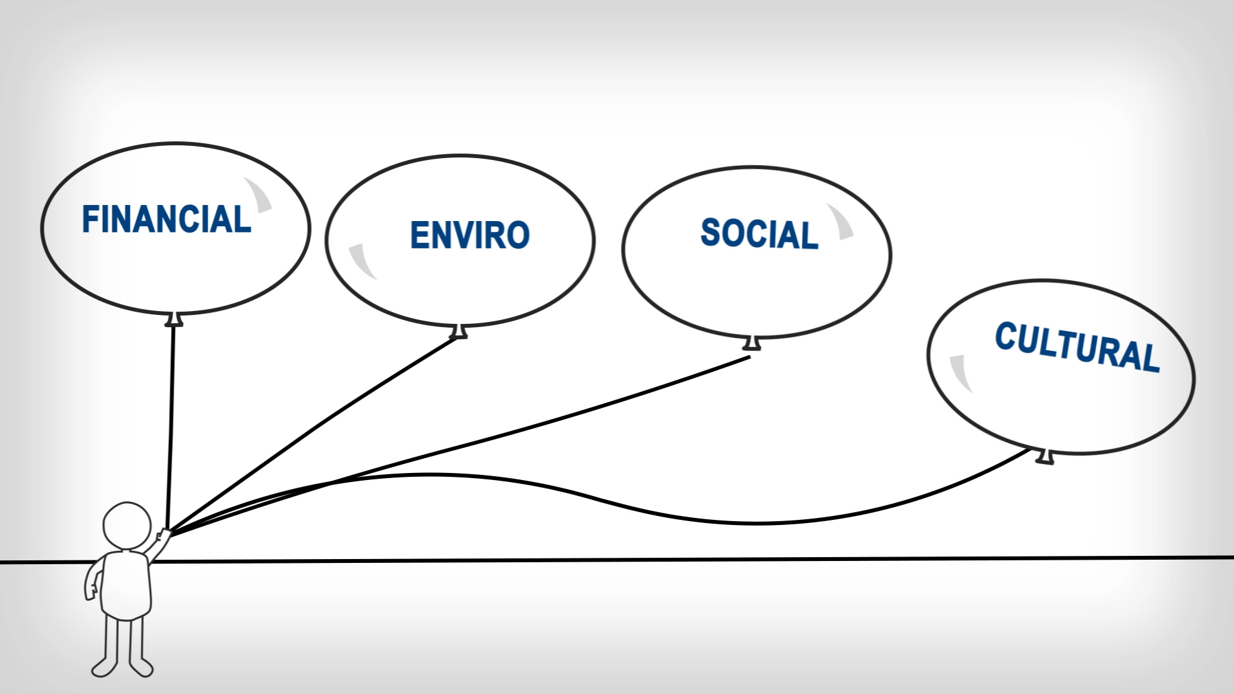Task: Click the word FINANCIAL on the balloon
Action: point(166,220)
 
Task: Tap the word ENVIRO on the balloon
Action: point(470,235)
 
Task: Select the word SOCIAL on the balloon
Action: point(759,233)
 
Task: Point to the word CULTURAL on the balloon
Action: point(1077,347)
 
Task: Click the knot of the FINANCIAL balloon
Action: point(174,319)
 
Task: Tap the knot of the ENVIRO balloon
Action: point(459,332)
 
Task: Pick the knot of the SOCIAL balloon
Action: point(752,343)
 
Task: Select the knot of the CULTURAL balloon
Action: point(1046,456)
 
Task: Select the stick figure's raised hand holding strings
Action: point(163,535)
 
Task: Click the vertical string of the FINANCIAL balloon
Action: point(171,424)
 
